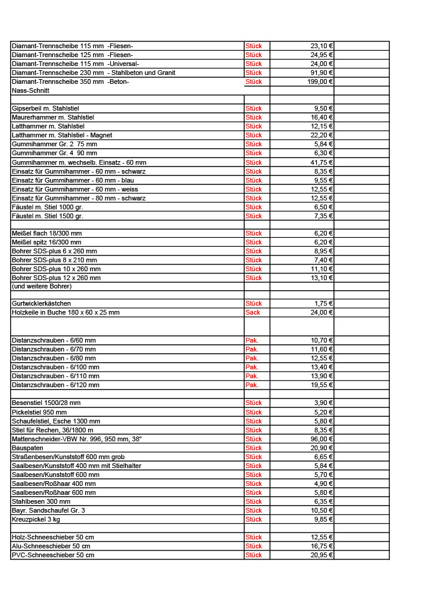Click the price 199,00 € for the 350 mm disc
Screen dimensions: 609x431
320,81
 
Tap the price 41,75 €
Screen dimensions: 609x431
322,162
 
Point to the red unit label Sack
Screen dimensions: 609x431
253,312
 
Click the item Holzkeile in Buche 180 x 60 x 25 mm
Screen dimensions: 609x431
65,312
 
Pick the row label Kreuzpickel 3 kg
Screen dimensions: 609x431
36,519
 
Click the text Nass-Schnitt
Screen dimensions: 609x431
30,90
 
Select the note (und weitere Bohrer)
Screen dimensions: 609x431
42,286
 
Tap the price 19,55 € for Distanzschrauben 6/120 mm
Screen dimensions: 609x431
322,385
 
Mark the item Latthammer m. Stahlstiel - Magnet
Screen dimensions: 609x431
62,135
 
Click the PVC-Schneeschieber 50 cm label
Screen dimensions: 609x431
53,555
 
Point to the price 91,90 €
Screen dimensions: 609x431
322,73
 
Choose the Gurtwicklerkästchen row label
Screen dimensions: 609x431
42,303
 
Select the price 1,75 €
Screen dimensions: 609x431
324,303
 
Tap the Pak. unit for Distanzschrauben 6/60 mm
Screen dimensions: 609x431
252,340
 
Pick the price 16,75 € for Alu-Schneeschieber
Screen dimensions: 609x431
322,546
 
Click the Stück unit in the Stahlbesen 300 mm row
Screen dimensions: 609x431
254,501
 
